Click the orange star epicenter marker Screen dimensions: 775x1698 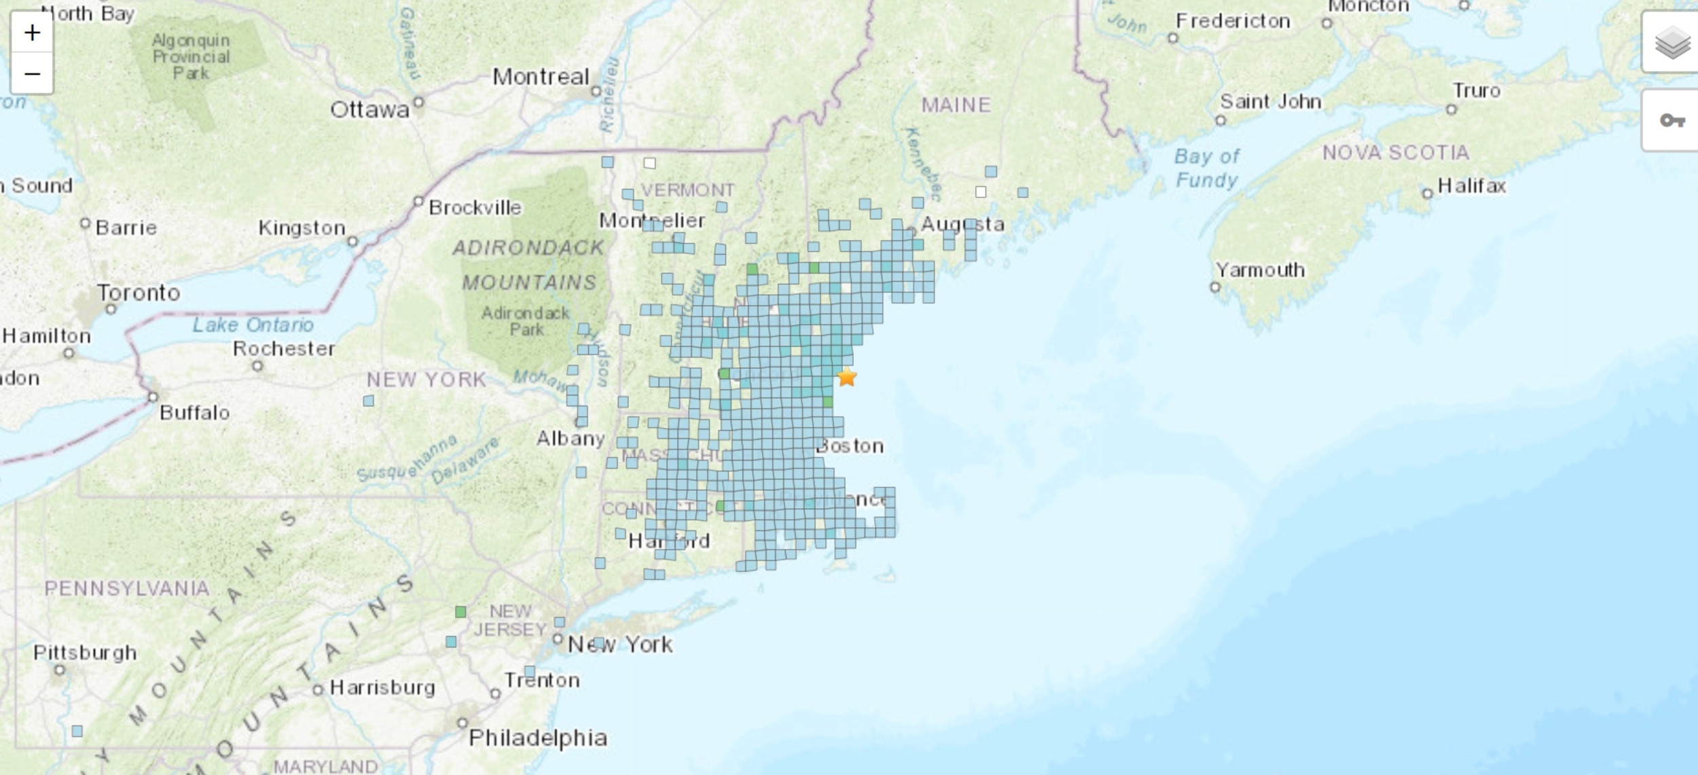pos(846,376)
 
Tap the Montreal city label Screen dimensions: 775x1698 pos(541,77)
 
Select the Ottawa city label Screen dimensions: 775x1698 pos(369,109)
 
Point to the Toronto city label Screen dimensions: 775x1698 pos(139,293)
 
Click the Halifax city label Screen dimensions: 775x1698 pos(1471,186)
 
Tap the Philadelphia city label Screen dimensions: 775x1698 pos(538,738)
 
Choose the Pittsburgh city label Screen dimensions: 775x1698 pos(85,653)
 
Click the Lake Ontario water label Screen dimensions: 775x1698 pos(253,325)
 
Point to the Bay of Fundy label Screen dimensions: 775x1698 pos(1207,168)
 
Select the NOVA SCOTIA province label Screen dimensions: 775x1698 pos(1395,153)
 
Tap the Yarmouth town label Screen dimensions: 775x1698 pos(1260,270)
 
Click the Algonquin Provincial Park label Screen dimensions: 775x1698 pos(191,57)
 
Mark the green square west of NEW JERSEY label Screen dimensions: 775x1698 pos(460,612)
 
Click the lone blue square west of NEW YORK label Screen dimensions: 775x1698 pos(368,401)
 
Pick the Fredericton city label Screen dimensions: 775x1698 pos(1233,21)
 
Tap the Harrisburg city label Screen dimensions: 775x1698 pos(382,688)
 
